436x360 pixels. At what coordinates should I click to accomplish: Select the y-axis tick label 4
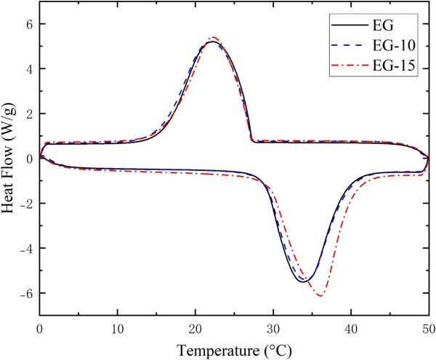[29, 68]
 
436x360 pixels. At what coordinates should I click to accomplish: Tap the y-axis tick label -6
[26, 293]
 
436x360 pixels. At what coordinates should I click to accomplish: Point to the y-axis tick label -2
[26, 204]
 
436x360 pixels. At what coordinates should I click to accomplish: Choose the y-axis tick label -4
[26, 248]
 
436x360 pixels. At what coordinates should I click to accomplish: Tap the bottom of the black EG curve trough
[304, 281]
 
